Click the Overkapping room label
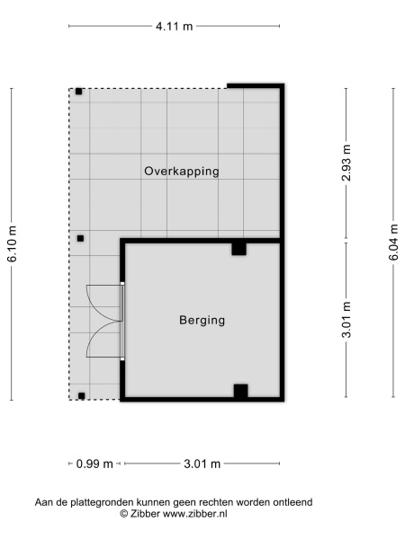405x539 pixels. point(182,172)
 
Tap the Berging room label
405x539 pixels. point(202,320)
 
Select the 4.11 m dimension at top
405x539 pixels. point(175,26)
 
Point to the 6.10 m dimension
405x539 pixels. point(12,243)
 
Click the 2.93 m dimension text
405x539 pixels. point(346,163)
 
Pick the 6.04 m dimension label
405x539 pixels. point(393,242)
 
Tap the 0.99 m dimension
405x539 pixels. point(94,464)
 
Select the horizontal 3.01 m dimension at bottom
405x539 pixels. point(202,464)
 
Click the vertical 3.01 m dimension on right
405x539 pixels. point(346,320)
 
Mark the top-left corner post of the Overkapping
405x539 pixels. point(79,92)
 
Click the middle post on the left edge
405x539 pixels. point(80,238)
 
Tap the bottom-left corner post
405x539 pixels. point(82,396)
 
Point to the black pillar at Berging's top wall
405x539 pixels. point(239,249)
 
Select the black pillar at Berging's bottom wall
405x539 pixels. point(240,391)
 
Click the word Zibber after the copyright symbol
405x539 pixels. point(145,514)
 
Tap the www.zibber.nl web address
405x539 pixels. point(195,514)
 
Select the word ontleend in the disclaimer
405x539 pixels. point(292,502)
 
